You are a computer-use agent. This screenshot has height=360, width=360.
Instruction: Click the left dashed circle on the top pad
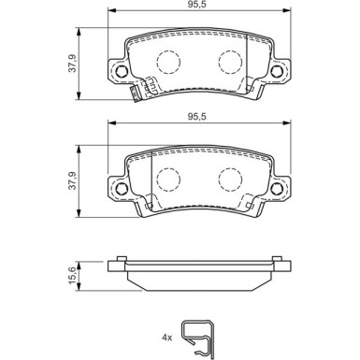(x=167, y=63)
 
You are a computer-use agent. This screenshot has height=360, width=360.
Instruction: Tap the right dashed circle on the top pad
(x=229, y=62)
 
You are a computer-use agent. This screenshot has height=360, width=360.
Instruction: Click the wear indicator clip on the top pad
(x=144, y=91)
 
